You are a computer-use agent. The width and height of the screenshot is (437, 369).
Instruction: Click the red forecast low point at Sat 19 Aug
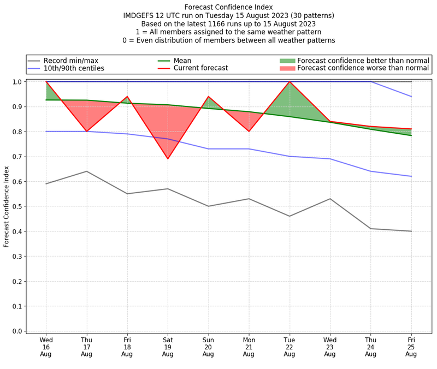(168, 159)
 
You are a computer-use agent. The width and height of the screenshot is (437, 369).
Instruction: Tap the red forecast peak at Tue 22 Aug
(290, 82)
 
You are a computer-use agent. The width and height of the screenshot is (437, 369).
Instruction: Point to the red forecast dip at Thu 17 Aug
(86, 132)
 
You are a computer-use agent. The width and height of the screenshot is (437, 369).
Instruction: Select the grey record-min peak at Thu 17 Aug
(86, 171)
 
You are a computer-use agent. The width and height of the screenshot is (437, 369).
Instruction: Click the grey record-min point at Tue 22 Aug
(290, 216)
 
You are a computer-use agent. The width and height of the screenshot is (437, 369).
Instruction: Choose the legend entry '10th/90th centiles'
(74, 68)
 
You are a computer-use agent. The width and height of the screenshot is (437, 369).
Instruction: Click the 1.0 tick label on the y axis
(17, 82)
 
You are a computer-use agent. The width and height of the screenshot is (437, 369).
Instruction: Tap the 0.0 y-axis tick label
(17, 331)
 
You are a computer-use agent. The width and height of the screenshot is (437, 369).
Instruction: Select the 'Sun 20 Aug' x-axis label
(208, 346)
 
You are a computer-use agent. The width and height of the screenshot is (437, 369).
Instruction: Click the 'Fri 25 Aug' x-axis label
(411, 346)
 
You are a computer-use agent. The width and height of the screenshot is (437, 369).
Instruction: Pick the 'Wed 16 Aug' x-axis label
(46, 346)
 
